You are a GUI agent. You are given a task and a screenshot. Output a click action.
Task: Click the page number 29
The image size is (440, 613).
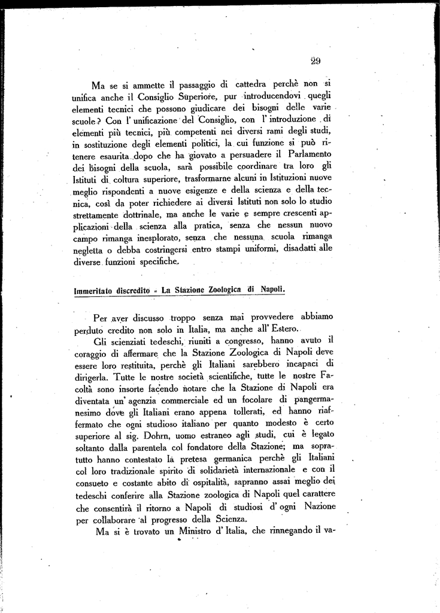coord(317,60)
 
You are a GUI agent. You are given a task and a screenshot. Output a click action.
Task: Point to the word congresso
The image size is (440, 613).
coord(219,342)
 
